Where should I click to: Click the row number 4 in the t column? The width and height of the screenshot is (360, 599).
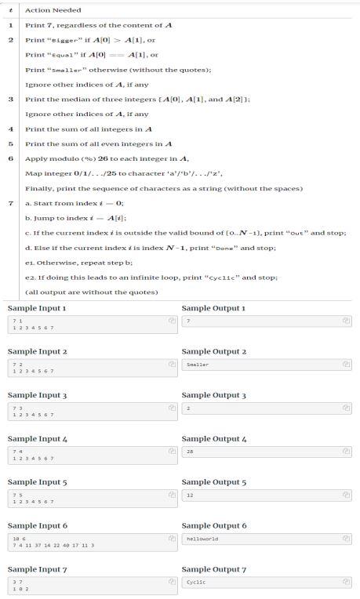(x=10, y=129)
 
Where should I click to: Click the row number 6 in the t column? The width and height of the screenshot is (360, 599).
(x=10, y=158)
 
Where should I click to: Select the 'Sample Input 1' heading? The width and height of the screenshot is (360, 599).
(x=38, y=308)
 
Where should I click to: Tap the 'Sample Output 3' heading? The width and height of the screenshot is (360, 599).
(x=213, y=395)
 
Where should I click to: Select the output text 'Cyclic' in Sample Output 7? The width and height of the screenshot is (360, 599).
(x=196, y=583)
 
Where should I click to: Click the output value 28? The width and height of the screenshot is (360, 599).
(x=191, y=452)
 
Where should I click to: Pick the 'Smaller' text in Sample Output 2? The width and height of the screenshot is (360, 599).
(x=198, y=365)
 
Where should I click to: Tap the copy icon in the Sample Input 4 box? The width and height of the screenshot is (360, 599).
(x=171, y=452)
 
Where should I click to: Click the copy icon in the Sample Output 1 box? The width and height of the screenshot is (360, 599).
(x=346, y=321)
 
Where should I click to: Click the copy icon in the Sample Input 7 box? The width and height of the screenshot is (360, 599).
(x=171, y=583)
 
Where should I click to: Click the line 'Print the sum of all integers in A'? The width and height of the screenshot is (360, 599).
(x=89, y=129)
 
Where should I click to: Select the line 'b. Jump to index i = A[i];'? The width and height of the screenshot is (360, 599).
(x=76, y=218)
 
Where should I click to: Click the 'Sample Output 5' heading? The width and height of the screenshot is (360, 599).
(x=213, y=482)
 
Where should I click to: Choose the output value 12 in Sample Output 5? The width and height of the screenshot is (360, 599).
(x=191, y=496)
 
